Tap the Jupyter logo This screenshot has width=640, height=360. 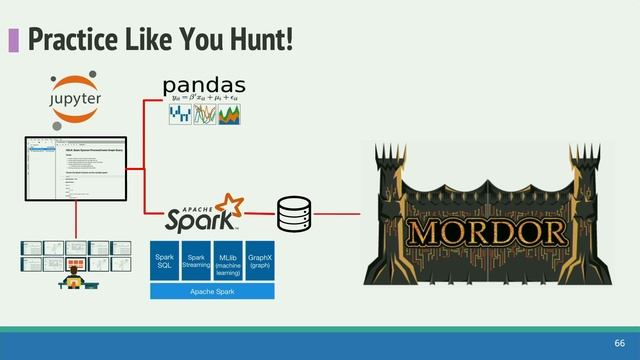(75, 98)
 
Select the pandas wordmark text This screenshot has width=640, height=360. (204, 85)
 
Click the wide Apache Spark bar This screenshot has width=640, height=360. (213, 291)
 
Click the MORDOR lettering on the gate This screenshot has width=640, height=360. (487, 232)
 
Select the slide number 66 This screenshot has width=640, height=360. (619, 342)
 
